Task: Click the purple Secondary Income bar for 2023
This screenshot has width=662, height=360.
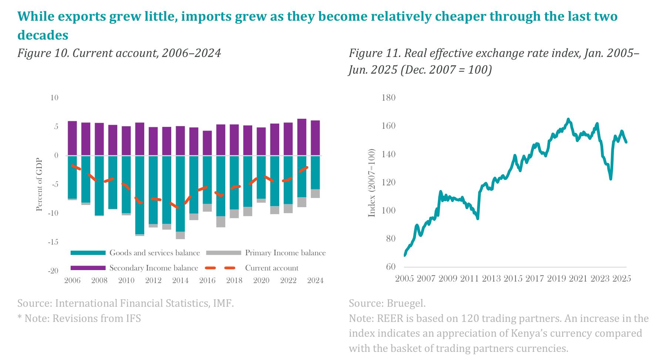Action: [302, 137]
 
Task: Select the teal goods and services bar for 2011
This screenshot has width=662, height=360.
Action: [140, 195]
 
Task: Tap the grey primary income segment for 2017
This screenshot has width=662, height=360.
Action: [221, 221]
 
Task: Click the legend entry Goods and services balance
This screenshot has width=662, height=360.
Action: [135, 253]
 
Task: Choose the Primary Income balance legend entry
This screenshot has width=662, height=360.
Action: [266, 253]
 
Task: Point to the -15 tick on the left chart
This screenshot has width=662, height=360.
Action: [53, 242]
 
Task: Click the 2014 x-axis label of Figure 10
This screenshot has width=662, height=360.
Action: [180, 280]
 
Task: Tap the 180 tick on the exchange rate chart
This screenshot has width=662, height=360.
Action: [388, 98]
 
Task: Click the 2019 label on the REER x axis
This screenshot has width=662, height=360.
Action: [556, 278]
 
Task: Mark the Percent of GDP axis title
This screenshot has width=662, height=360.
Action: [39, 185]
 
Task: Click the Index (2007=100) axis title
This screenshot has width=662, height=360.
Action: [372, 183]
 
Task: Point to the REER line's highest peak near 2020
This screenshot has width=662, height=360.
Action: [568, 120]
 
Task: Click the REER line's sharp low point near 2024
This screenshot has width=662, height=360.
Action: [611, 179]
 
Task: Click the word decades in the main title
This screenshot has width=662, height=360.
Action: [43, 35]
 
